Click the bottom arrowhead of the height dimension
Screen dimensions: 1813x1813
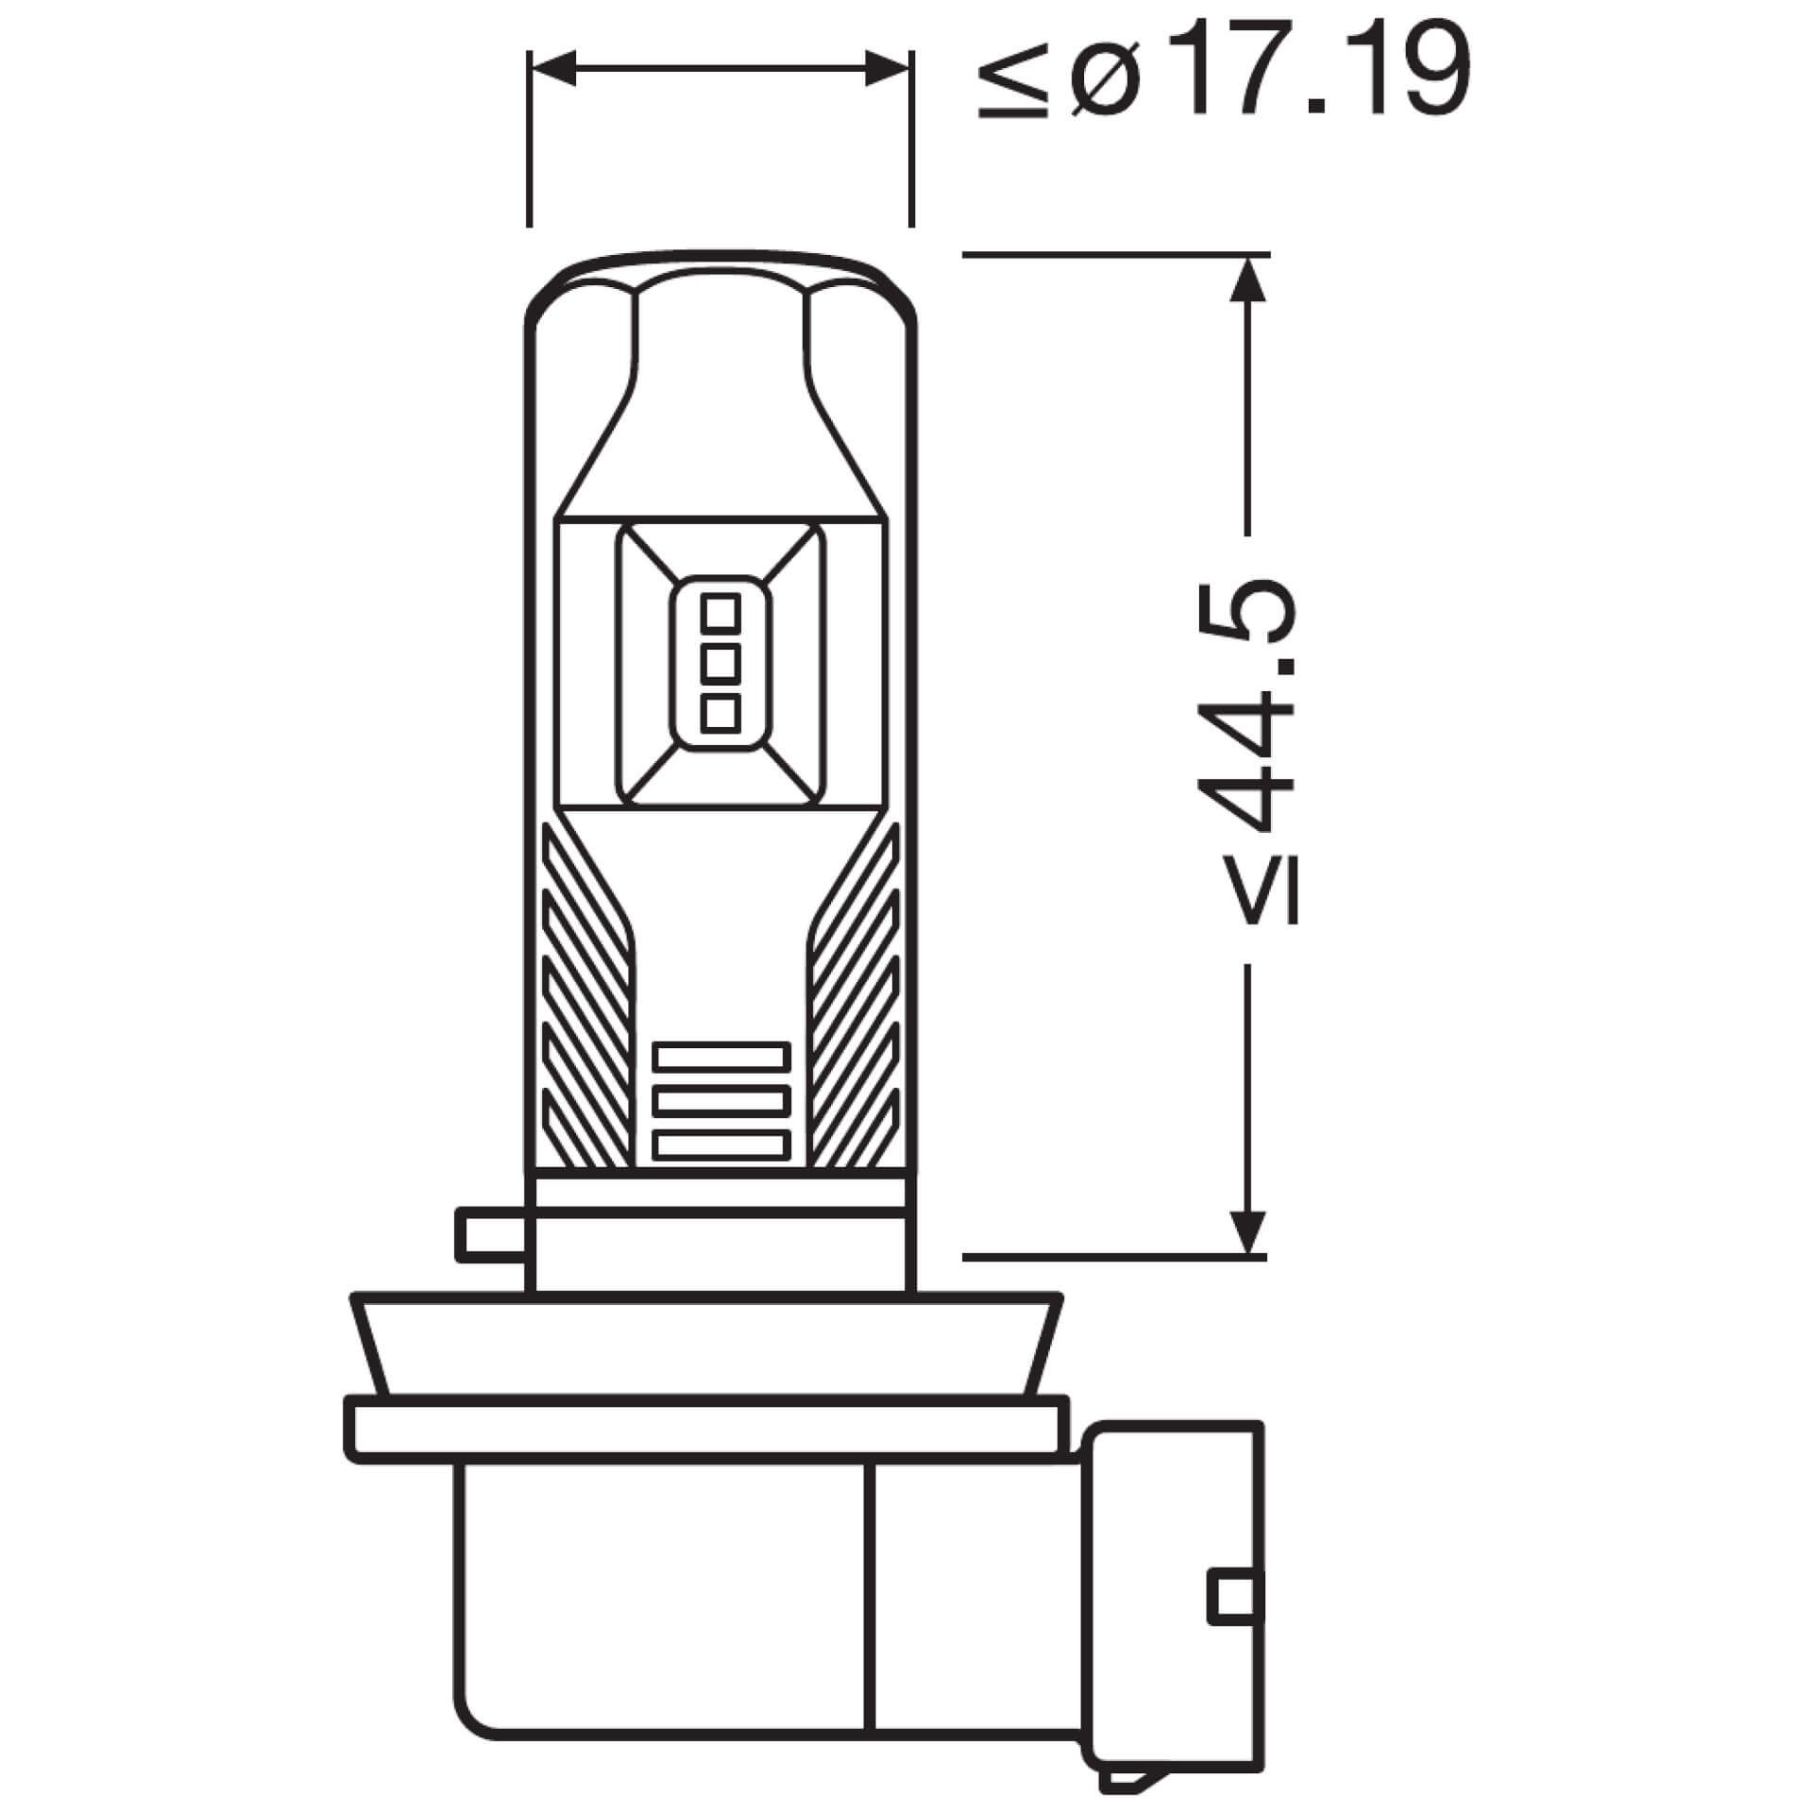coord(1248,1232)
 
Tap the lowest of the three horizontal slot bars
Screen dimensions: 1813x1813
coord(721,1145)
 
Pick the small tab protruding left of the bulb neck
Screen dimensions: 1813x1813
coord(488,1234)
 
